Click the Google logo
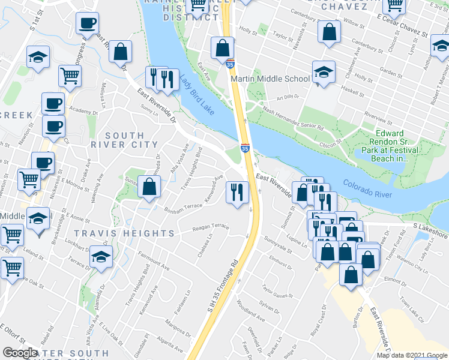(20, 353)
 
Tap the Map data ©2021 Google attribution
(412, 355)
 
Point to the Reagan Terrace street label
(211, 227)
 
